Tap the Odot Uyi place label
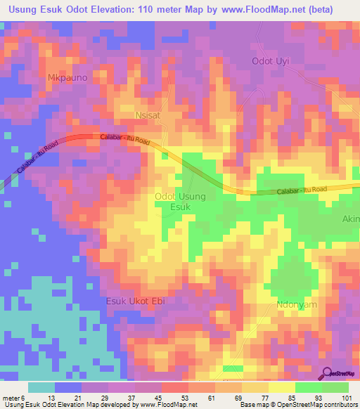pos(271,61)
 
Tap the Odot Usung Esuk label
pos(180,202)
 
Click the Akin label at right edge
pos(350,219)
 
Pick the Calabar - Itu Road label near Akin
pos(302,190)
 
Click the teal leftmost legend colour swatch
pos(41,387)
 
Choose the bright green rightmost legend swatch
pos(335,387)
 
